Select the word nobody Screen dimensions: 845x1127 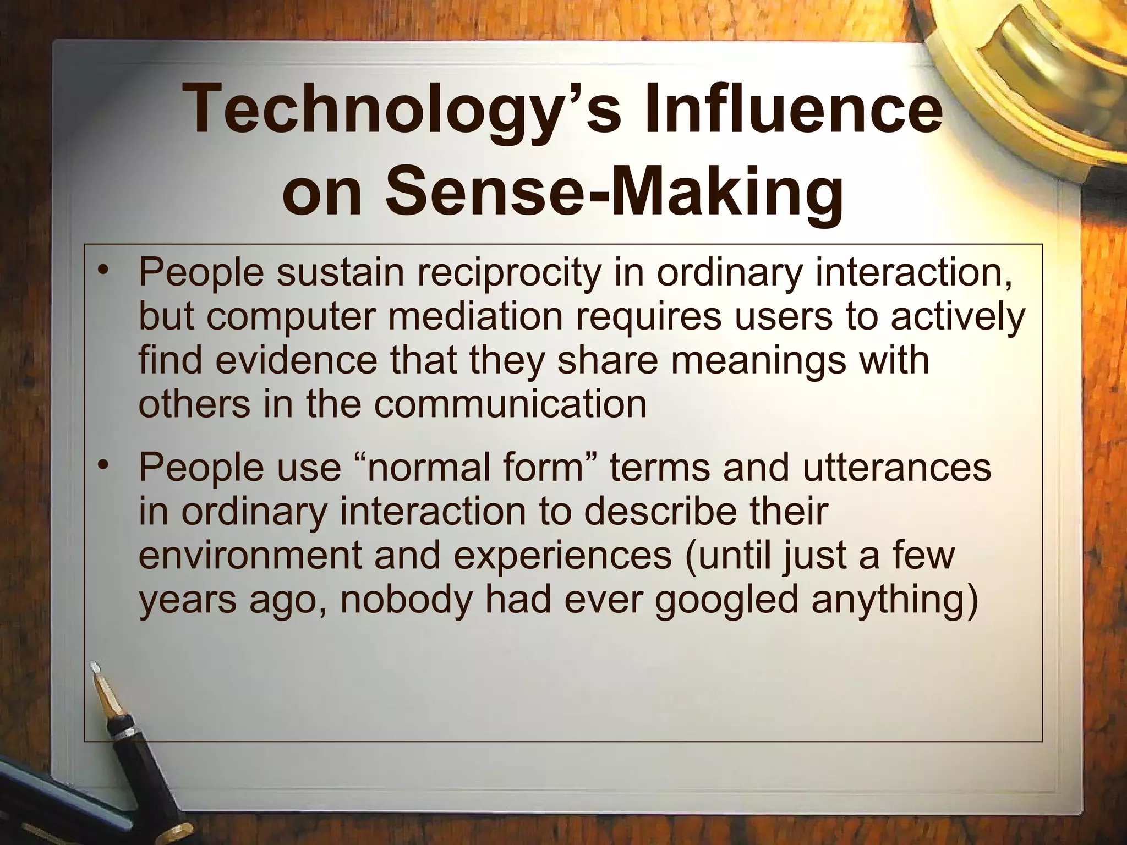click(407, 600)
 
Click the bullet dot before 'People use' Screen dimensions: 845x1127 click(102, 467)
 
